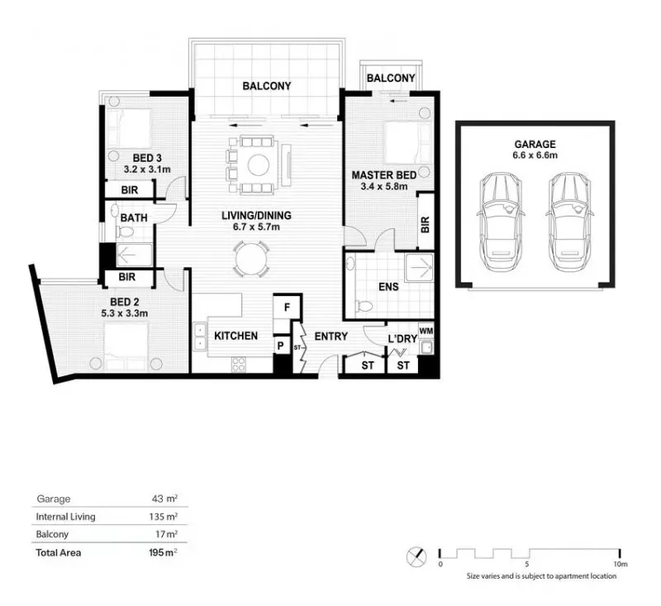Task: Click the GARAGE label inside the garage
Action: click(533, 143)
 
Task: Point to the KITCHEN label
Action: click(236, 336)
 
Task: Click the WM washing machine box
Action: click(426, 330)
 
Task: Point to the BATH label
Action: click(134, 219)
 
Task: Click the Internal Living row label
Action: click(66, 517)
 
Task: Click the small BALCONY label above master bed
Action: click(391, 79)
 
